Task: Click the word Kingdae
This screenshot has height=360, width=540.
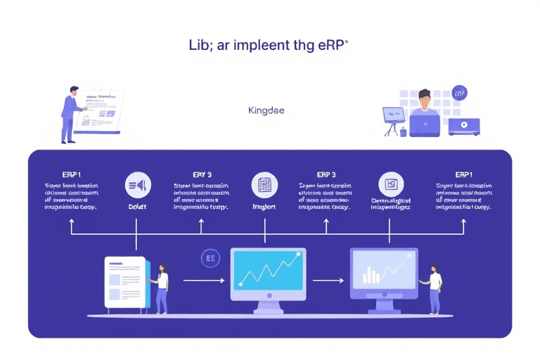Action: [266, 110]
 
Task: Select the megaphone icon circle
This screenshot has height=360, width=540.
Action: [138, 185]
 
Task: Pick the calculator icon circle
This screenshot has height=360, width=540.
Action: [264, 185]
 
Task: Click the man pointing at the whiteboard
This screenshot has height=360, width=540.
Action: [70, 112]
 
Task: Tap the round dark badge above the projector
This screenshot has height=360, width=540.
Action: [460, 93]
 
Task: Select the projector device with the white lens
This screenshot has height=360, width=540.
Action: [463, 127]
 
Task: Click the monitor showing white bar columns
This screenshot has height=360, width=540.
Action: [383, 269]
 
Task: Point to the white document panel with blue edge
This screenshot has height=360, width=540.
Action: [126, 282]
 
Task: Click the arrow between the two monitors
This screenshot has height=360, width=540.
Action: [328, 281]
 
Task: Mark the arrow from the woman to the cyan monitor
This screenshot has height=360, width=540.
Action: [203, 281]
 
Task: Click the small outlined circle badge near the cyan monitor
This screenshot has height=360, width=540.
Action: [210, 258]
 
